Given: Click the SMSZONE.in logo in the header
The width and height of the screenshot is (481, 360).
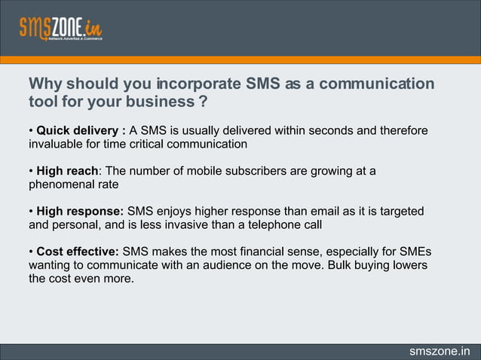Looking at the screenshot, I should pyautogui.click(x=60, y=28).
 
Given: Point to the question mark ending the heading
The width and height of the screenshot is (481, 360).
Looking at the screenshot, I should pyautogui.click(x=203, y=102).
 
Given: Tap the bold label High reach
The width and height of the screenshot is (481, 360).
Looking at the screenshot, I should pyautogui.click(x=67, y=171).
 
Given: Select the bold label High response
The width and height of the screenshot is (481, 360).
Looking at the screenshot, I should pyautogui.click(x=80, y=211).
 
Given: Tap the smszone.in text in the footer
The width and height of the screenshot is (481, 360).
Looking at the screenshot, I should pyautogui.click(x=439, y=351).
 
